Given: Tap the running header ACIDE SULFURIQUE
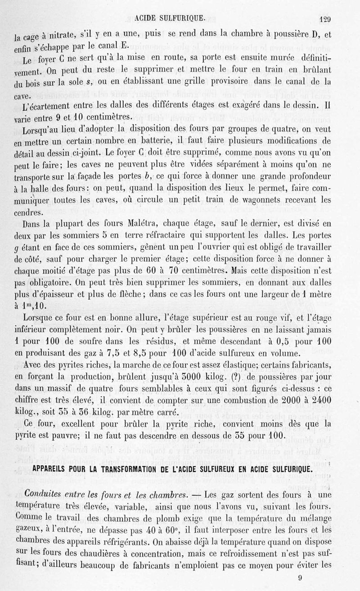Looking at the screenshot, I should (x=171, y=18).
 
